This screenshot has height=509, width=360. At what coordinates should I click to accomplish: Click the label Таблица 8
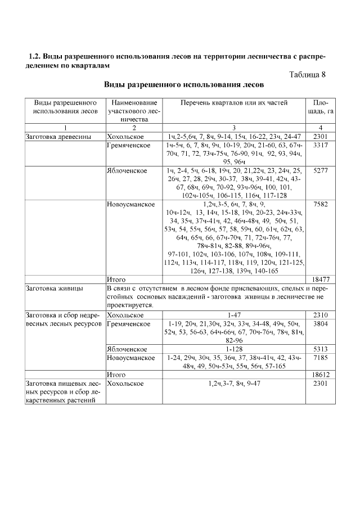tap(307, 75)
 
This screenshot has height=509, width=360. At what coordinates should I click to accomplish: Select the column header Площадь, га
tap(320, 107)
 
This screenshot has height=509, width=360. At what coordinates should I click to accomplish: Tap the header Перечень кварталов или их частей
tap(234, 103)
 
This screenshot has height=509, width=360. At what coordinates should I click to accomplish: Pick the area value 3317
tap(320, 146)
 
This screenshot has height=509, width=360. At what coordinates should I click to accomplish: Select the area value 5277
tap(320, 170)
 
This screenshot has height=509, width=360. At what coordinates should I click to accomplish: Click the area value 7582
tap(320, 204)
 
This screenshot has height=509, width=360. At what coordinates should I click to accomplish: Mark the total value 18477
tap(320, 279)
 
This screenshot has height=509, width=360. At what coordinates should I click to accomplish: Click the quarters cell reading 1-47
tap(234, 315)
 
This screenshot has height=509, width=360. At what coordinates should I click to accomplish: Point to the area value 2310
tap(320, 315)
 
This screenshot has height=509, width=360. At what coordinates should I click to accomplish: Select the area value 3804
tap(320, 324)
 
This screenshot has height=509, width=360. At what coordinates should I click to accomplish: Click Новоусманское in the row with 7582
tap(130, 204)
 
